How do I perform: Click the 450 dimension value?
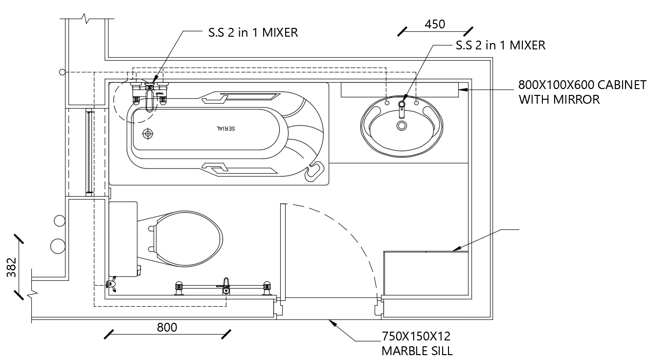pos(434,24)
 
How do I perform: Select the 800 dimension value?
pos(167,327)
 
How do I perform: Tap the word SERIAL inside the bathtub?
pos(226,128)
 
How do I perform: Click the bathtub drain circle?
pos(147,133)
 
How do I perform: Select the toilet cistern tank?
pos(123,239)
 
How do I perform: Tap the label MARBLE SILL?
pos(417,350)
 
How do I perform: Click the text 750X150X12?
pos(416,337)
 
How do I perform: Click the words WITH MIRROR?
pos(559,100)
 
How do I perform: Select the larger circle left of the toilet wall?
pos(58,245)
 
